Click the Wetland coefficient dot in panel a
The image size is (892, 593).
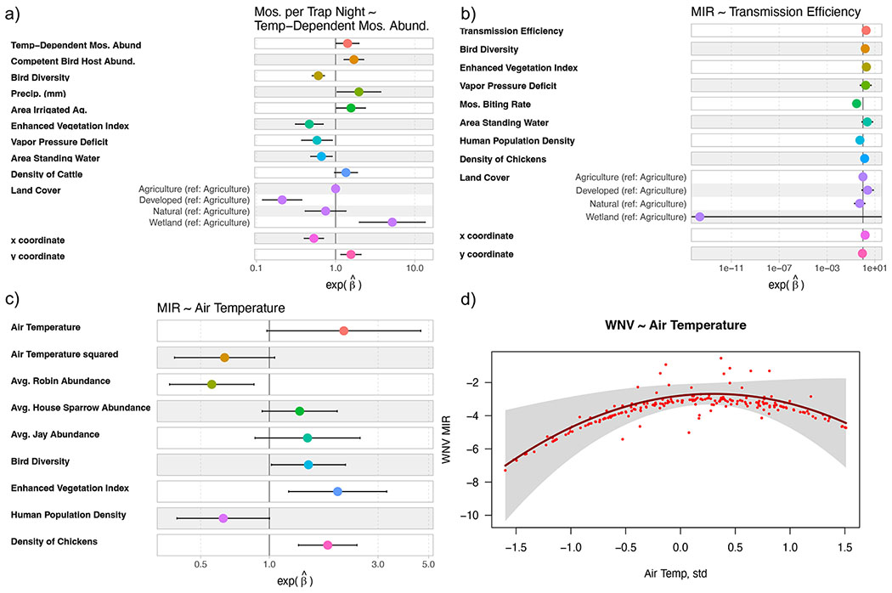coord(392,222)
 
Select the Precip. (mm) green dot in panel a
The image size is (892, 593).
coord(358,92)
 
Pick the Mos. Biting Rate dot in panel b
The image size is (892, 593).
coord(856,104)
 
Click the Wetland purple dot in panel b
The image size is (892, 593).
coord(699,217)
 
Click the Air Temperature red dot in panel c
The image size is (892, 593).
coord(343,330)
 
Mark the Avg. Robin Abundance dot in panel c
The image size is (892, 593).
coord(212,384)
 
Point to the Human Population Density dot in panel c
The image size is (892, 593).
coord(223,518)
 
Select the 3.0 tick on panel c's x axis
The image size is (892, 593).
coord(378,563)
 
